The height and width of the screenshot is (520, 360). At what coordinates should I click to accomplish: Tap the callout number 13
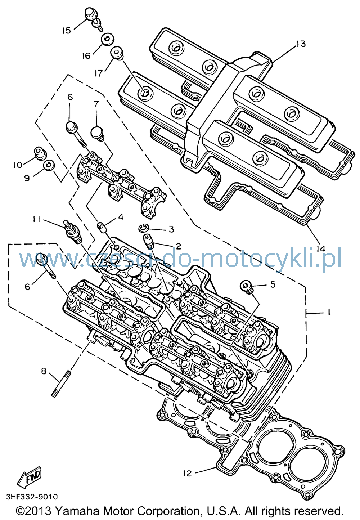click(x=301, y=44)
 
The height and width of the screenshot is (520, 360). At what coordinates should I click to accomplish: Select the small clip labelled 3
click(x=143, y=229)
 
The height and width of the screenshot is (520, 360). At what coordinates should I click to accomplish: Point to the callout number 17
click(x=98, y=73)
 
